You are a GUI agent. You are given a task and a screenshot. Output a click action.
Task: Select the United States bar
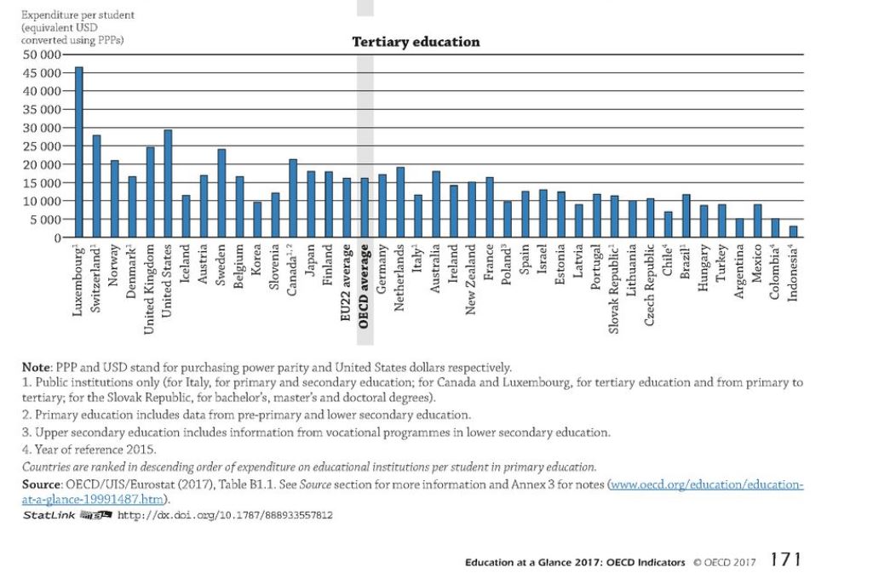pyautogui.click(x=168, y=184)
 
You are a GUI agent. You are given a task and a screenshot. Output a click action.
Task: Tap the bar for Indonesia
pyautogui.click(x=792, y=232)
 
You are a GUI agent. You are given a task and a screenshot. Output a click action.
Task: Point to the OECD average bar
pyautogui.click(x=365, y=208)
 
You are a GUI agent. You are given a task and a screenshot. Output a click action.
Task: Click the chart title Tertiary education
pyautogui.click(x=416, y=42)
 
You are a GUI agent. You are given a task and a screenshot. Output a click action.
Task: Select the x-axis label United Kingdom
pyautogui.click(x=150, y=281)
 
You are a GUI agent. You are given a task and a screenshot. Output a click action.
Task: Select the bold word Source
pyautogui.click(x=41, y=484)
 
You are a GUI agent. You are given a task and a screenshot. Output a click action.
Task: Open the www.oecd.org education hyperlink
pyautogui.click(x=706, y=484)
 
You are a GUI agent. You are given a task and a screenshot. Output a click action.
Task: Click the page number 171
pyautogui.click(x=785, y=559)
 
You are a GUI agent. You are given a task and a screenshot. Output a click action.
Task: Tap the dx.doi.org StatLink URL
pyautogui.click(x=224, y=515)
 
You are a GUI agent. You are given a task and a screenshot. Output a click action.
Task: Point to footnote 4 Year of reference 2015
pyautogui.click(x=89, y=449)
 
